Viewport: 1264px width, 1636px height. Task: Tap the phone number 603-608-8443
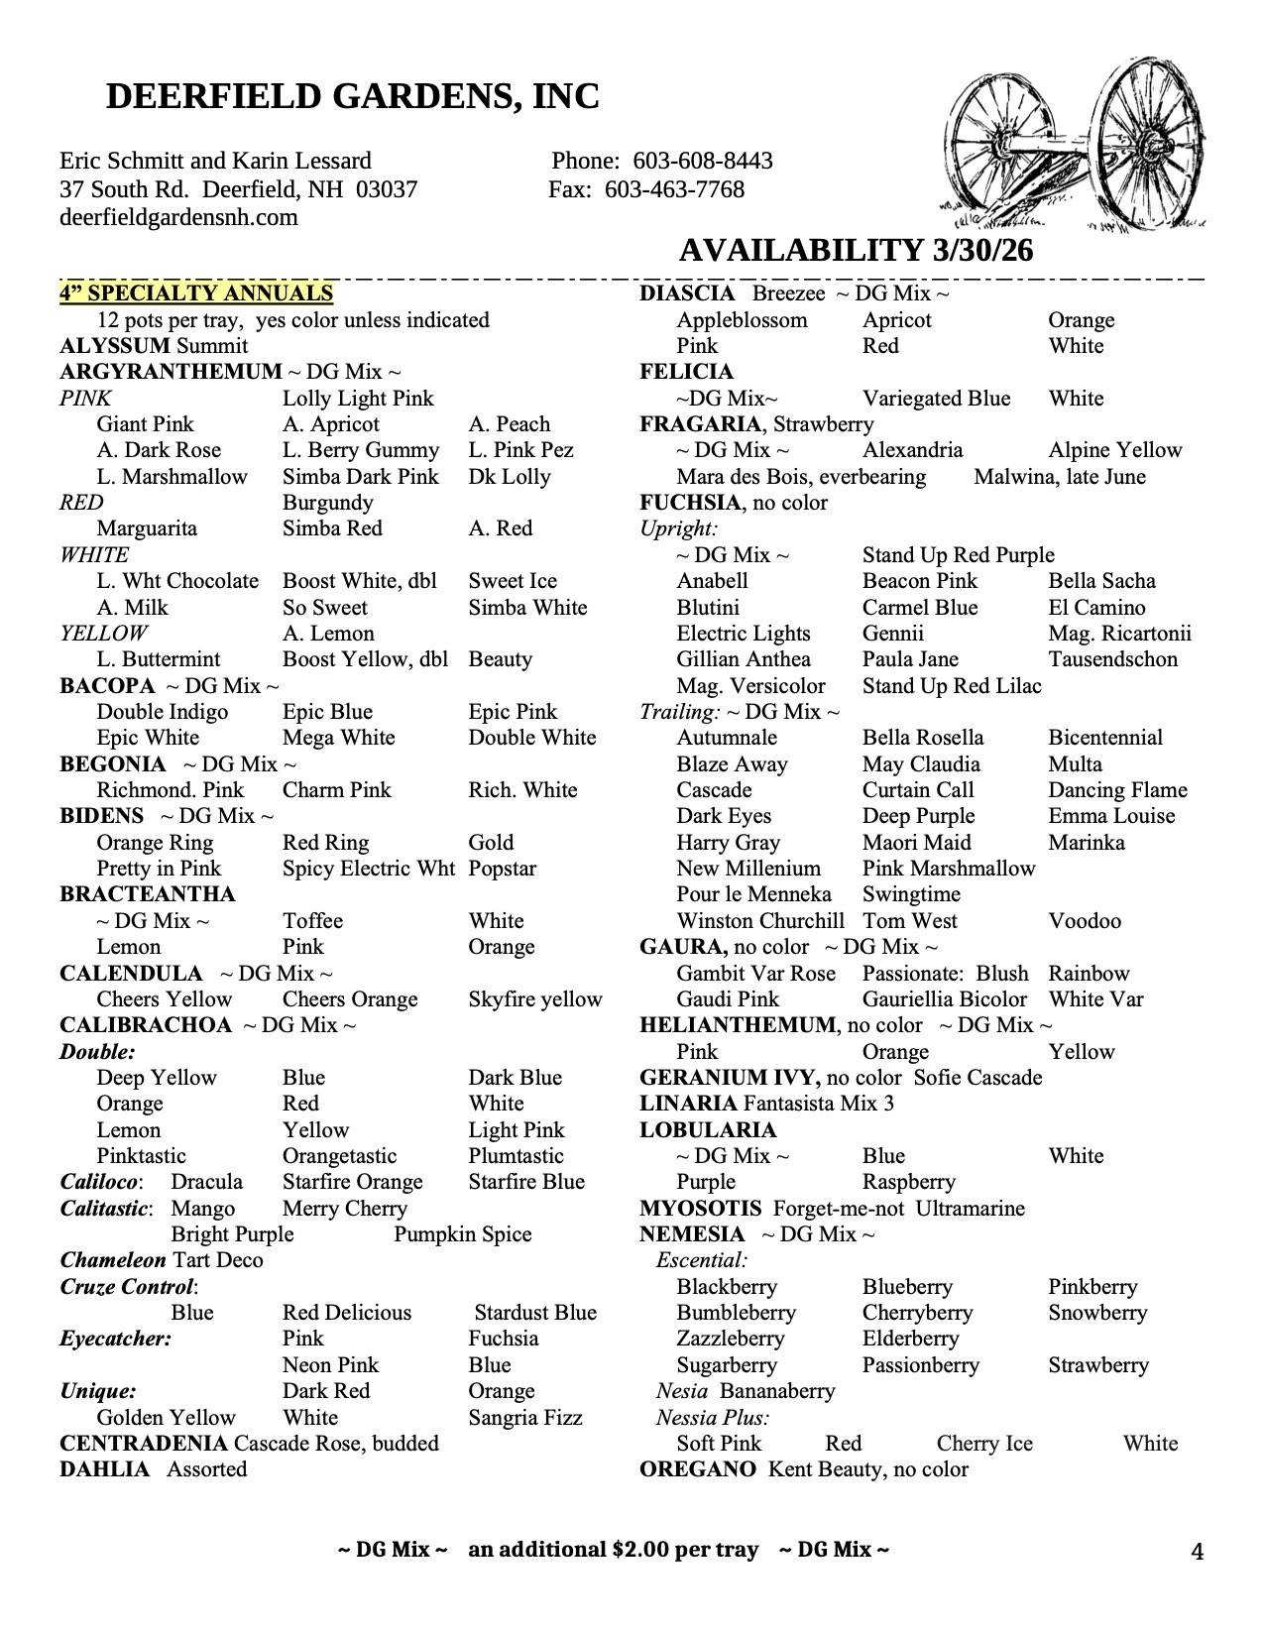[x=702, y=161]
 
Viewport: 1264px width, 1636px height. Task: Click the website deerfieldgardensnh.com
[x=178, y=217]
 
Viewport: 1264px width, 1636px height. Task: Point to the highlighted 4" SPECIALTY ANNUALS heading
[x=196, y=293]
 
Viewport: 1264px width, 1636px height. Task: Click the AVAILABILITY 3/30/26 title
[x=856, y=251]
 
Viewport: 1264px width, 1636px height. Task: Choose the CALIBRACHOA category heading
[x=145, y=1025]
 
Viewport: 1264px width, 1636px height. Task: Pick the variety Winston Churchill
[x=760, y=921]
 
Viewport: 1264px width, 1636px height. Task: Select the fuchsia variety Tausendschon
[x=1112, y=659]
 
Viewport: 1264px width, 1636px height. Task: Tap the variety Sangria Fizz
[x=525, y=1418]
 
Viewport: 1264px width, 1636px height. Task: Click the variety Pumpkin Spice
[x=462, y=1234]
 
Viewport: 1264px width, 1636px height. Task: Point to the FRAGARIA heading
[x=702, y=424]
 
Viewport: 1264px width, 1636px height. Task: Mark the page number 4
[x=1197, y=1552]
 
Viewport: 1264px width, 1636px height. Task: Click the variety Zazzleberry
[x=730, y=1339]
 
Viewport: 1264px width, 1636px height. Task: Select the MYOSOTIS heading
[x=700, y=1209]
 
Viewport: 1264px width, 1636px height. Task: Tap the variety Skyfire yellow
[x=535, y=999]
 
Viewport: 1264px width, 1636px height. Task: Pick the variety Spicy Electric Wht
[x=368, y=869]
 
